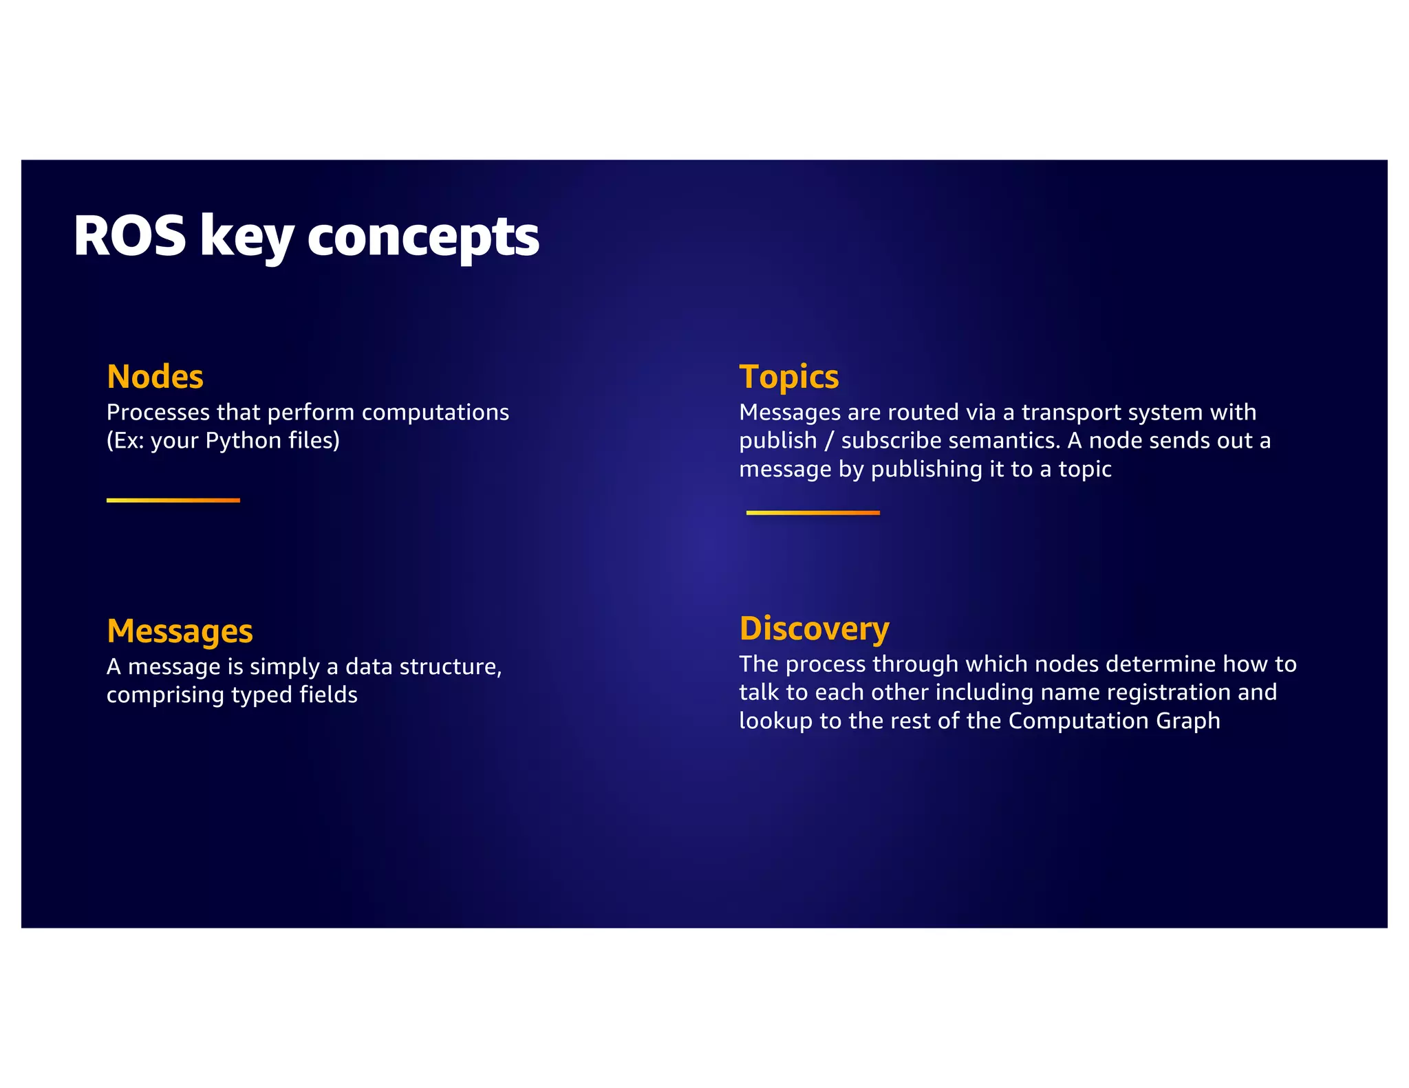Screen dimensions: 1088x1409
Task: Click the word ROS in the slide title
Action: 129,236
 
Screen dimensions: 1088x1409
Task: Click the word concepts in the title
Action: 423,237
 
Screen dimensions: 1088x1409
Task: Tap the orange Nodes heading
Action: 155,376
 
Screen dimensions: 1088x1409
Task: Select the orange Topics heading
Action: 789,377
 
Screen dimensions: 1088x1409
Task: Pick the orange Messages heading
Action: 180,631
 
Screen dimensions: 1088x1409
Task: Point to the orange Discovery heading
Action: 815,628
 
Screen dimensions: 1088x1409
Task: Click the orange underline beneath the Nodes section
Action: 173,500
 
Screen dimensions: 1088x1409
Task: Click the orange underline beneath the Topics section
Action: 813,512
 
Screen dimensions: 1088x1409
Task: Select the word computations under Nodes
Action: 435,412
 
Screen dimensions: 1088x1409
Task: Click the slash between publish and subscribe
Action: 829,440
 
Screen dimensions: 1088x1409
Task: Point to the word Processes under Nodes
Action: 158,412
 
